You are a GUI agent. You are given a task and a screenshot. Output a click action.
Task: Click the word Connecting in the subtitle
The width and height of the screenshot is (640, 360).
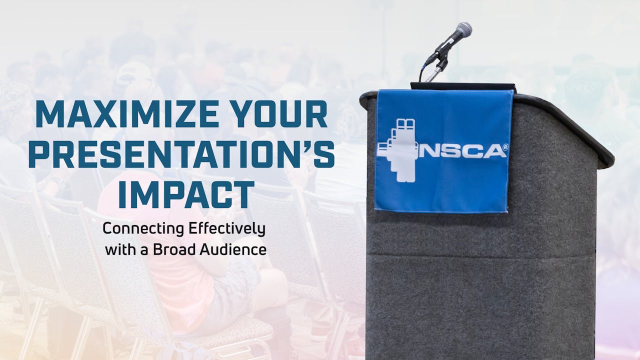[x=142, y=229]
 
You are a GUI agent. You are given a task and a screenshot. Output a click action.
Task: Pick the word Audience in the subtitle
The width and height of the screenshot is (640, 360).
[x=233, y=249]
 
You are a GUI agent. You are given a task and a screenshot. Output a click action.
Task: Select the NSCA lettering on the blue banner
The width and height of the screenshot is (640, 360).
[x=462, y=150]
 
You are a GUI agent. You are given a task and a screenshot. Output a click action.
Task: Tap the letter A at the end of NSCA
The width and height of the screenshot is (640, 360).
[x=495, y=151]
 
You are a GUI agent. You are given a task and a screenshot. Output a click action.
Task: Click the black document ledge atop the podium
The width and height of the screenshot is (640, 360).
[x=462, y=86]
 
